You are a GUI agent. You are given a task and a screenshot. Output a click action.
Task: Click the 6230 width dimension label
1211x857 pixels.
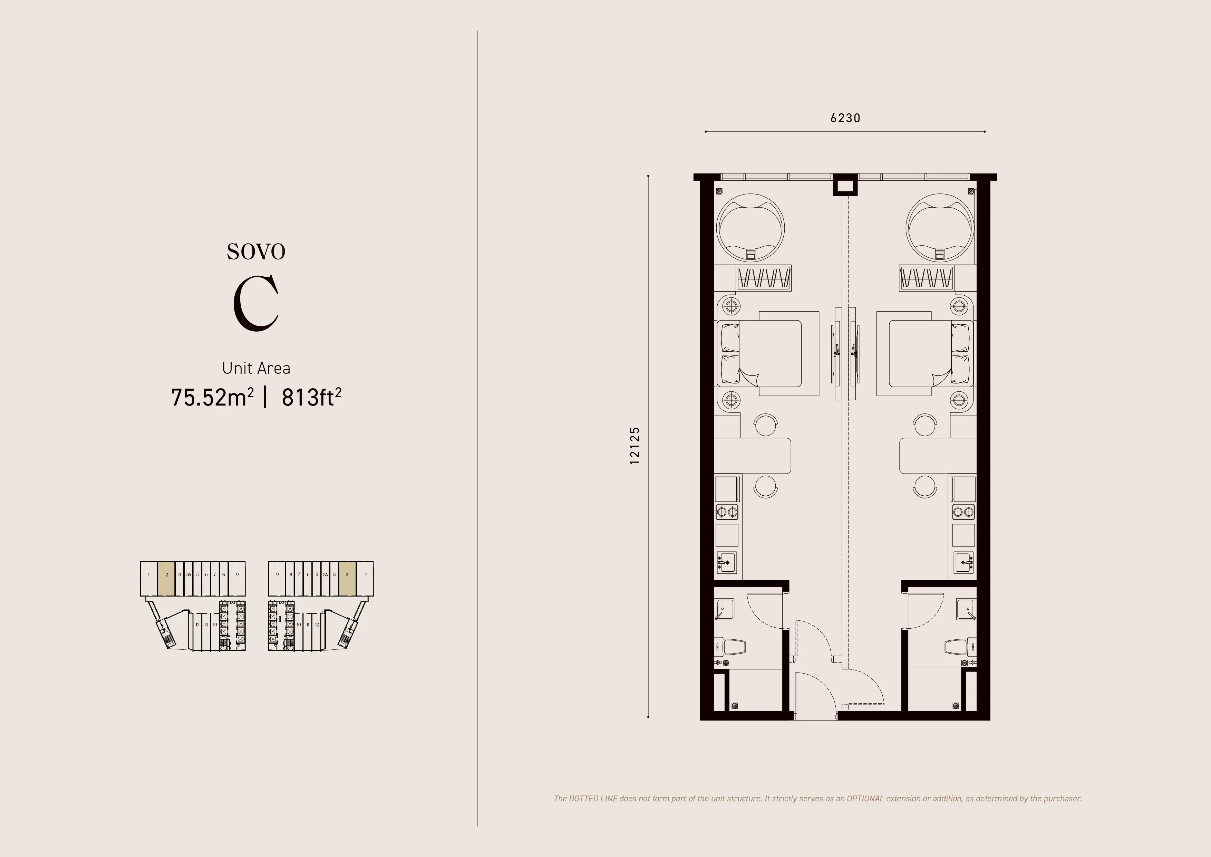pos(845,118)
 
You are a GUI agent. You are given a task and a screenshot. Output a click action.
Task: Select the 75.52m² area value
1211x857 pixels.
pos(212,397)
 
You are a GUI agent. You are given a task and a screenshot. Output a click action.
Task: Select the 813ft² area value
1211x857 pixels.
pos(311,397)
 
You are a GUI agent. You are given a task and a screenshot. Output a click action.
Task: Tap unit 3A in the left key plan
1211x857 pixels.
pos(188,575)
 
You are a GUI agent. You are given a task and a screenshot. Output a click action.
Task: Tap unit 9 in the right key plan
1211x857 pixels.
pos(278,575)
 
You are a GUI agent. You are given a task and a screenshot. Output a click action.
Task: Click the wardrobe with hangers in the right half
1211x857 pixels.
pos(926,278)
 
